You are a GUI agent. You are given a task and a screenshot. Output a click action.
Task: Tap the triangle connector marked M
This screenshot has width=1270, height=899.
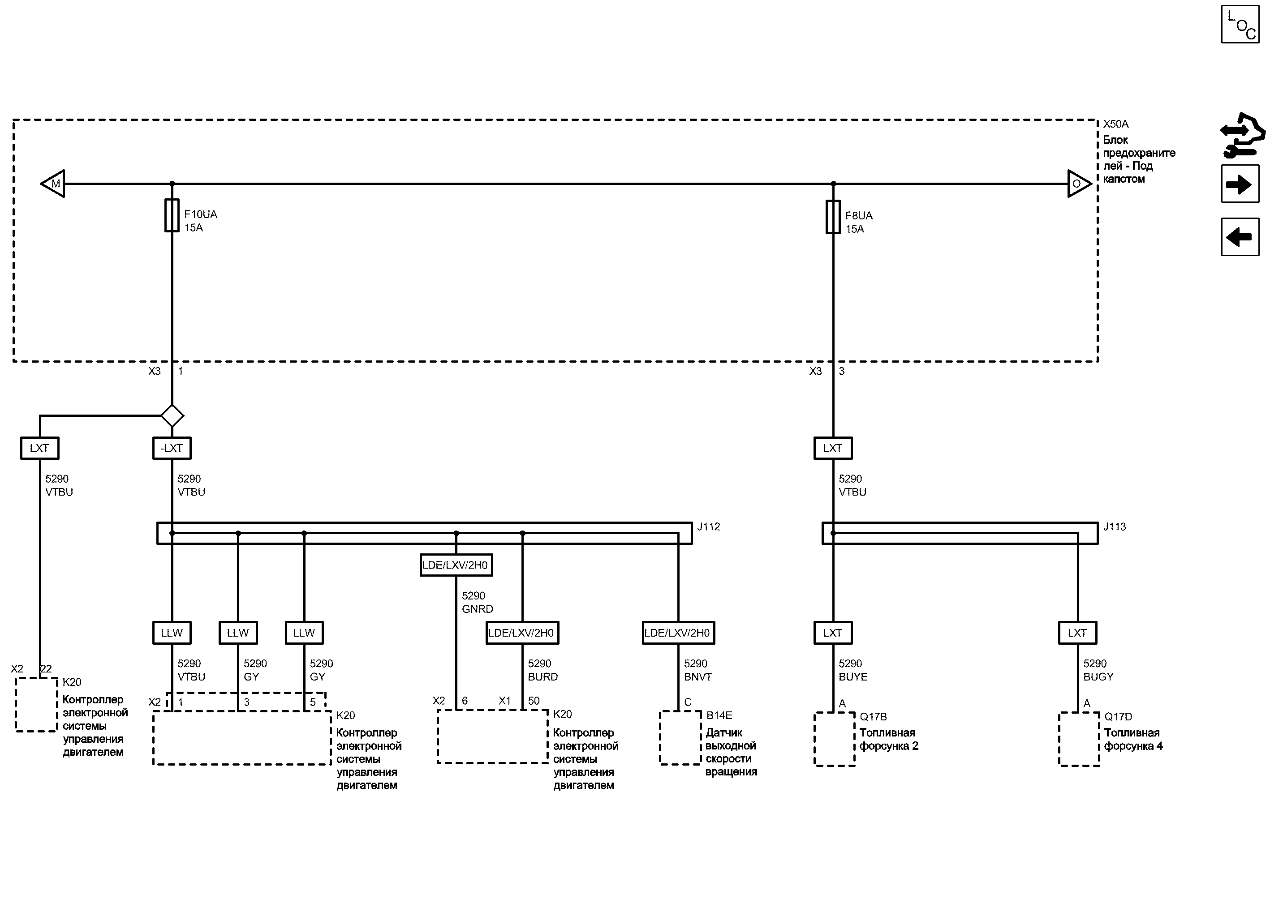(54, 183)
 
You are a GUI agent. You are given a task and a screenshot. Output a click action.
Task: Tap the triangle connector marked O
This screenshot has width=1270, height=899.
(1078, 183)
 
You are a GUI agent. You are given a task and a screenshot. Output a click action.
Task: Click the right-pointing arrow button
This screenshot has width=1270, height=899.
(1240, 184)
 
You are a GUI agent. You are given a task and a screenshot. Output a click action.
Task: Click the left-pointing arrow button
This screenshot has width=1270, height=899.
(1240, 237)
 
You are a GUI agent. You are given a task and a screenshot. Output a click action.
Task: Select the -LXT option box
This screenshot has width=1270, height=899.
(172, 448)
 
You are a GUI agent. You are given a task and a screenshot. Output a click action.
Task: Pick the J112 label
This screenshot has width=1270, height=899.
(708, 527)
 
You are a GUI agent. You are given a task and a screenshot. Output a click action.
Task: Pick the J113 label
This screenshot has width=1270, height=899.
(1115, 527)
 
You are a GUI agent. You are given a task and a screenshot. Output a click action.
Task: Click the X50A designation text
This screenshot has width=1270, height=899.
(1115, 124)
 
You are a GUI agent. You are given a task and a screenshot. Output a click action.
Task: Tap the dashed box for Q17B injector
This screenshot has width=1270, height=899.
(834, 739)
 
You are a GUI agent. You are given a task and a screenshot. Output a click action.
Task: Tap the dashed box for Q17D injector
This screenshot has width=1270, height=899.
(1079, 739)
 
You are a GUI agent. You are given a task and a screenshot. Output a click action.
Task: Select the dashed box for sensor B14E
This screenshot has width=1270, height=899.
(680, 738)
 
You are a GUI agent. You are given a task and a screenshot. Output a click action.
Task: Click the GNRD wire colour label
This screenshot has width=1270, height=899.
(478, 609)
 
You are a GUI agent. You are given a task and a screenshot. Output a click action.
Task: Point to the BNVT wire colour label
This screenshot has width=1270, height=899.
(698, 676)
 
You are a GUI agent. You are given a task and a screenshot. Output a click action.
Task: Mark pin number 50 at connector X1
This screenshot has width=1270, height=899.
(534, 701)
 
